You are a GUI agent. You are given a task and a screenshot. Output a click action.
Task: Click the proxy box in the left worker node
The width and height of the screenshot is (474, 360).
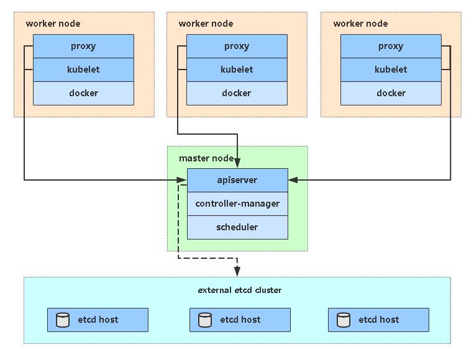point(83,46)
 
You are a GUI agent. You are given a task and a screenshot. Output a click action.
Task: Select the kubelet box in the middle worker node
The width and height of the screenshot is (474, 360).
point(237,70)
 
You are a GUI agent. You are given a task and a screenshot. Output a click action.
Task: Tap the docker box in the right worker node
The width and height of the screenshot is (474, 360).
point(391,93)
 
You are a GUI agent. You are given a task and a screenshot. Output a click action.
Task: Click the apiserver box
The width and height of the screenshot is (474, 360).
point(237,180)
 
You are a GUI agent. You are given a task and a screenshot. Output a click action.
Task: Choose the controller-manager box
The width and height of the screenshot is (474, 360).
point(237,204)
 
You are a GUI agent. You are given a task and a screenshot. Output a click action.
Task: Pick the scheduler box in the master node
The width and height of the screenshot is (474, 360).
point(237,227)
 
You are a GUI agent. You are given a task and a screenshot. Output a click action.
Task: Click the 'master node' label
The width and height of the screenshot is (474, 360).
point(206,158)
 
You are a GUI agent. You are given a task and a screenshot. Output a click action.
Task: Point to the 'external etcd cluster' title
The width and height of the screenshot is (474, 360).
point(239,290)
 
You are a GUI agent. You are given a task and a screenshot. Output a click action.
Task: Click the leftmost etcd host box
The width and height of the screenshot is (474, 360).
point(98,320)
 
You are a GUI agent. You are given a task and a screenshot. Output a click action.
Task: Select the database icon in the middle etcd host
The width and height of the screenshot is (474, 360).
point(205,320)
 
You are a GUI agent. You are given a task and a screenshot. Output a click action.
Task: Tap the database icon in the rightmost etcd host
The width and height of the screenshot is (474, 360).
point(344,320)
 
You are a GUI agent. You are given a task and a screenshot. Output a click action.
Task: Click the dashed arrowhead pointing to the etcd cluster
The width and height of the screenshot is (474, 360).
point(237,271)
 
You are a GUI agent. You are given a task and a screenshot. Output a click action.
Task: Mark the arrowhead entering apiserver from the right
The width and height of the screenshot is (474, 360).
point(293,180)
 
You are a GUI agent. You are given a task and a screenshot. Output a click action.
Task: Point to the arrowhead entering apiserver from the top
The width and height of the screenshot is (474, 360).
point(237,163)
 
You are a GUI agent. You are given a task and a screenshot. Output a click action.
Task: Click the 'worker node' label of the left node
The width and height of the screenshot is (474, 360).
point(53,24)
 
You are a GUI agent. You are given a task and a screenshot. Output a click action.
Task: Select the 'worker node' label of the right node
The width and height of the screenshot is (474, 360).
point(360,24)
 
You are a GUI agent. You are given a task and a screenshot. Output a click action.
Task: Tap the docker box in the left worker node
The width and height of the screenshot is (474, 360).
point(83,93)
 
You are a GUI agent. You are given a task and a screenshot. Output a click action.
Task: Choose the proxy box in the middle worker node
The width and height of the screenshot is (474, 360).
point(237,46)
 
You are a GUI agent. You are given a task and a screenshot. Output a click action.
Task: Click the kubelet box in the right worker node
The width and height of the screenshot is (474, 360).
point(391,70)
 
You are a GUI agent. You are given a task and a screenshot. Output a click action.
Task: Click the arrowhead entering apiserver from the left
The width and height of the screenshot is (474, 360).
point(182,180)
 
